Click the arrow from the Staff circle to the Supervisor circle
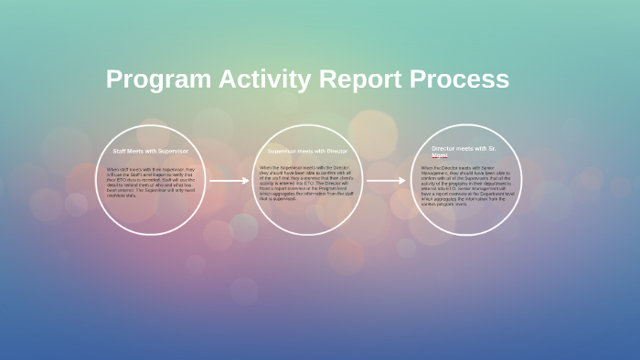coord(229,181)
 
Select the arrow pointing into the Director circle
coord(386,181)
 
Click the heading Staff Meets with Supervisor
coord(150,150)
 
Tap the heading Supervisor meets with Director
coord(307,150)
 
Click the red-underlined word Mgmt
coord(440,155)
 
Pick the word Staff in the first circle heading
coord(118,150)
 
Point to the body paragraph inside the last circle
coord(464,187)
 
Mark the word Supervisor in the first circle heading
coord(173,150)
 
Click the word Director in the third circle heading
coord(446,148)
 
